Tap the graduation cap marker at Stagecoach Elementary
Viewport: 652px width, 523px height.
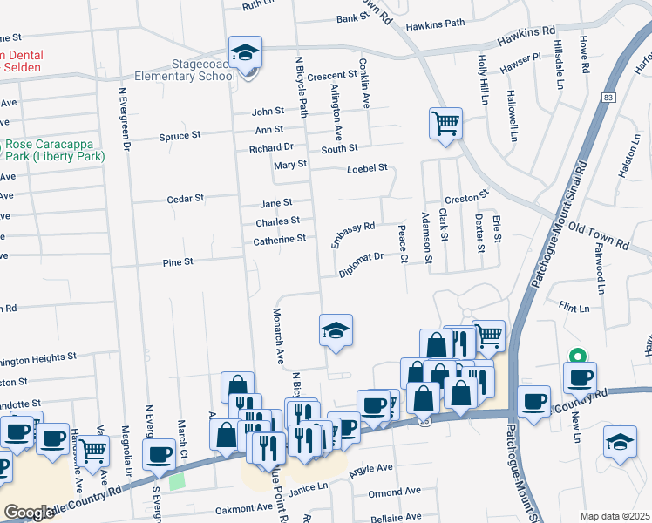[x=246, y=53]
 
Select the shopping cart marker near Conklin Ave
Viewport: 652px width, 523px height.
[x=445, y=123]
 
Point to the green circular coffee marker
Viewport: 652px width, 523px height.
[x=575, y=355]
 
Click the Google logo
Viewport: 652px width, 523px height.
[x=28, y=513]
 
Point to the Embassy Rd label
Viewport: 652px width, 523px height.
[x=353, y=234]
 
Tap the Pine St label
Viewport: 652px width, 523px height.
[x=177, y=261]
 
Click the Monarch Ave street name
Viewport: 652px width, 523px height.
[x=278, y=335]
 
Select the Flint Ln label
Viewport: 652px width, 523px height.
[x=574, y=308]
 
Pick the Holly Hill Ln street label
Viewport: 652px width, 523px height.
[x=481, y=80]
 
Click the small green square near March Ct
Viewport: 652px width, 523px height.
[x=178, y=481]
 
